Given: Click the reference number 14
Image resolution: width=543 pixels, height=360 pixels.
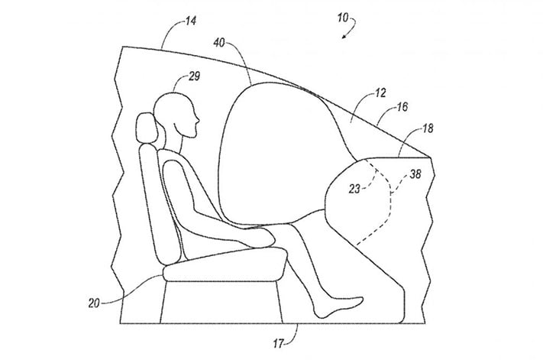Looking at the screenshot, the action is (191, 21).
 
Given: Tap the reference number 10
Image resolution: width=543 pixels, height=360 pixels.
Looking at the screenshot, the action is (343, 18).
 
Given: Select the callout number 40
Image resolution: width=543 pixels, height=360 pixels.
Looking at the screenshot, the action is (219, 43).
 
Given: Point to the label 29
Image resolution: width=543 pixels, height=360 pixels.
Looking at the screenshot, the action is (194, 76).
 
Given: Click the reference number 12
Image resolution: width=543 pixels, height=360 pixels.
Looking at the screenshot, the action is (380, 92).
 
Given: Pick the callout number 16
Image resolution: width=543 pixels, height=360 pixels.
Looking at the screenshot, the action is (402, 107).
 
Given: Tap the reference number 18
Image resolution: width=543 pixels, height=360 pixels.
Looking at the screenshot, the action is (428, 128).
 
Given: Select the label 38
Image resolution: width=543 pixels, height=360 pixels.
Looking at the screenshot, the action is (415, 174).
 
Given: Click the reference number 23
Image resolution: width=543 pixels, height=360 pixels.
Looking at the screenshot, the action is (354, 189).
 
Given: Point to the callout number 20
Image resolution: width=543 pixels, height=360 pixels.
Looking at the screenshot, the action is (94, 303).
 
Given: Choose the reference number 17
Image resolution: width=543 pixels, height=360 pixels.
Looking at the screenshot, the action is (278, 343).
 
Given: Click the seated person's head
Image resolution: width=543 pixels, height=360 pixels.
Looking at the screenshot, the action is (176, 114).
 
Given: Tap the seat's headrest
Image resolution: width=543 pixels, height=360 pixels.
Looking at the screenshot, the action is (145, 128).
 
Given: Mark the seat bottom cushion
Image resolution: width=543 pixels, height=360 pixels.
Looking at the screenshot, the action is (225, 264).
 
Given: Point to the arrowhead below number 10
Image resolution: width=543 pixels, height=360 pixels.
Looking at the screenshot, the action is (344, 37).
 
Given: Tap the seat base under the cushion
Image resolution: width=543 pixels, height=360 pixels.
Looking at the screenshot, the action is (221, 302).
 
